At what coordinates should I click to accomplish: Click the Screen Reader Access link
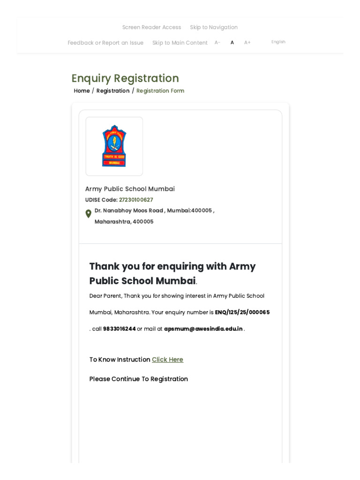point(151,27)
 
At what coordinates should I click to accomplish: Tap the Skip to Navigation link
point(214,27)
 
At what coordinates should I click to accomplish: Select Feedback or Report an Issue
point(105,43)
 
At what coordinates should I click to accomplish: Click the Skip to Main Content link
point(180,43)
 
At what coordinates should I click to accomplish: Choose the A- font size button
point(217,43)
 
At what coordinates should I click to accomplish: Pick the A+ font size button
point(247,43)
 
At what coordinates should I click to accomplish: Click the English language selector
point(278,42)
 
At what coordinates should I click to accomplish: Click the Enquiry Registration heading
point(125,78)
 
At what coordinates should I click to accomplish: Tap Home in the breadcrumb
point(82,91)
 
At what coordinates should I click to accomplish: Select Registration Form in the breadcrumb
point(160,91)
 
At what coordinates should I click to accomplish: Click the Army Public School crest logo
point(114,146)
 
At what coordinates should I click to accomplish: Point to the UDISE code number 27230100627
point(136,200)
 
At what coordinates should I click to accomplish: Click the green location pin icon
point(88,214)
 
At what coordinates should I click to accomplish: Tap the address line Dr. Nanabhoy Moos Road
point(129,210)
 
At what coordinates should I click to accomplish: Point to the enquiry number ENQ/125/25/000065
point(242,312)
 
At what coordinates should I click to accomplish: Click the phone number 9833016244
point(120,329)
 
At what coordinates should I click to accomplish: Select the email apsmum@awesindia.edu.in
point(203,329)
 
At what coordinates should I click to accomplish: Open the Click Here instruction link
point(167,360)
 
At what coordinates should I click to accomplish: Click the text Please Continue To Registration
point(139,379)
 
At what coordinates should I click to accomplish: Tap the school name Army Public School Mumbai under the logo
point(130,189)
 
